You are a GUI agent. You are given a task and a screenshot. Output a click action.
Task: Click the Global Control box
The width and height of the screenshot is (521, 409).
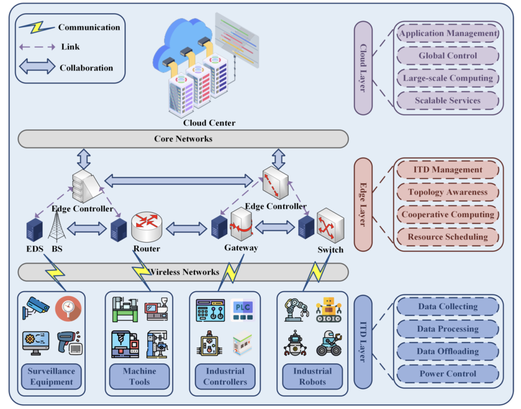pyautogui.click(x=448, y=55)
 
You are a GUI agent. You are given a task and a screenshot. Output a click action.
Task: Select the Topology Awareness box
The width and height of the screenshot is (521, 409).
pyautogui.click(x=448, y=192)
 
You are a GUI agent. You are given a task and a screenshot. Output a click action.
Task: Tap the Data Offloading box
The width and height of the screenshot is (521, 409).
pyautogui.click(x=448, y=351)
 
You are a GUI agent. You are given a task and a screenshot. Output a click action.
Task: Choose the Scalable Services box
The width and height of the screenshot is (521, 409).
pyautogui.click(x=448, y=100)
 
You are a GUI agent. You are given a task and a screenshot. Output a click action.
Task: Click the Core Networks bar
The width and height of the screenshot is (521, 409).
pyautogui.click(x=183, y=139)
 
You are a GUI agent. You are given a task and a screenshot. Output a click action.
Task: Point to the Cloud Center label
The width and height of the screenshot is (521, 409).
pyautogui.click(x=209, y=123)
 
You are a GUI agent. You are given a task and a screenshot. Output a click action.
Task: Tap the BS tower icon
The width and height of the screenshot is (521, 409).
pyautogui.click(x=57, y=226)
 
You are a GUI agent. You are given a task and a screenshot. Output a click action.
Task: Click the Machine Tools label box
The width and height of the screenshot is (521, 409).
pyautogui.click(x=139, y=377)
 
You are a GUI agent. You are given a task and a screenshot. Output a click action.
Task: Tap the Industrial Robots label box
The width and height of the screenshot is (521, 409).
pyautogui.click(x=313, y=377)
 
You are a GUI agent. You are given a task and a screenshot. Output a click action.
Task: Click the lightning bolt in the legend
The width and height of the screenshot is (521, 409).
pyautogui.click(x=36, y=27)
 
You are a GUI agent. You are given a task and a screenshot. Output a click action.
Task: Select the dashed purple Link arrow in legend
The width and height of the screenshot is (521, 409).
pyautogui.click(x=36, y=47)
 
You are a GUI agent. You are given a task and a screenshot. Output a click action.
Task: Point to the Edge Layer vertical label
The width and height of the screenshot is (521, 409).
pyautogui.click(x=363, y=204)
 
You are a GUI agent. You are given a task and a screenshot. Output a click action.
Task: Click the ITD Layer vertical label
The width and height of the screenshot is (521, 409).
pyautogui.click(x=363, y=342)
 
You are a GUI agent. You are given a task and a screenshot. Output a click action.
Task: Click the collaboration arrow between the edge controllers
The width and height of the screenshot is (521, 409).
pyautogui.click(x=178, y=181)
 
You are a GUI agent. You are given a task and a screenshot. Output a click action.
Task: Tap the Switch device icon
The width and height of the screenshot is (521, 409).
pyautogui.click(x=330, y=226)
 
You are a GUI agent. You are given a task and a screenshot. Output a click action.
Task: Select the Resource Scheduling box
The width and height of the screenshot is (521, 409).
pyautogui.click(x=448, y=237)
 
